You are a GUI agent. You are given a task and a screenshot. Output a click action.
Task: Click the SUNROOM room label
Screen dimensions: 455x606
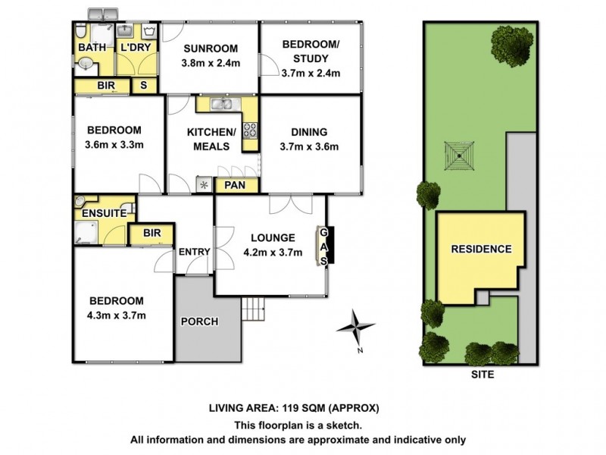coord(210,46)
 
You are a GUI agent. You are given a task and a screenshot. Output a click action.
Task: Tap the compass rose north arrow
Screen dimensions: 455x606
coord(356,328)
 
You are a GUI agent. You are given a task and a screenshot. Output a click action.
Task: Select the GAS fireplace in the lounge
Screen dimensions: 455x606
coord(324,246)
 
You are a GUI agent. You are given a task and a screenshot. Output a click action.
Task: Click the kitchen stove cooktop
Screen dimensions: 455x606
coord(250,130)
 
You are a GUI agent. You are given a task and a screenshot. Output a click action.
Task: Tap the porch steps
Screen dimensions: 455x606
coord(252,309)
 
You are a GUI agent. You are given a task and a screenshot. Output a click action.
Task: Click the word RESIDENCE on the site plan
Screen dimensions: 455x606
coord(481,249)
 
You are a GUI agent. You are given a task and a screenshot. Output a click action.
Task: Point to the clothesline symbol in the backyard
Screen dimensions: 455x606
coord(460,158)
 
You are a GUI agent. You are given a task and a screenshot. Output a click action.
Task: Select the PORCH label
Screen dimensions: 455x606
coord(199,322)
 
